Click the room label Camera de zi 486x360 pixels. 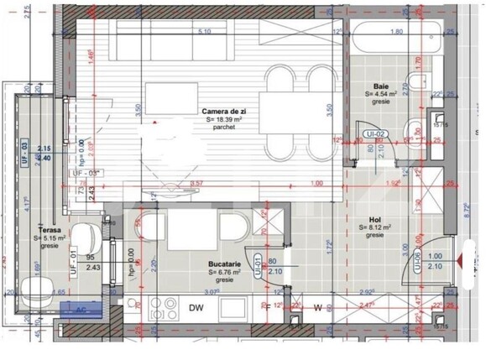(222, 111)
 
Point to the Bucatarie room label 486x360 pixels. (225, 263)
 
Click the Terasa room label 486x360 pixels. (48, 229)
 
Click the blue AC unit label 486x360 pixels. (82, 308)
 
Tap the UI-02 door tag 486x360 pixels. (374, 134)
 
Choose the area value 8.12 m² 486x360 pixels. (375, 227)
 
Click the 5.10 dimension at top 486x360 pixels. (203, 32)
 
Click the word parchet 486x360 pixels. (224, 128)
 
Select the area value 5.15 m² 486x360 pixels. (50, 238)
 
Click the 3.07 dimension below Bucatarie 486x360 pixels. (211, 292)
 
